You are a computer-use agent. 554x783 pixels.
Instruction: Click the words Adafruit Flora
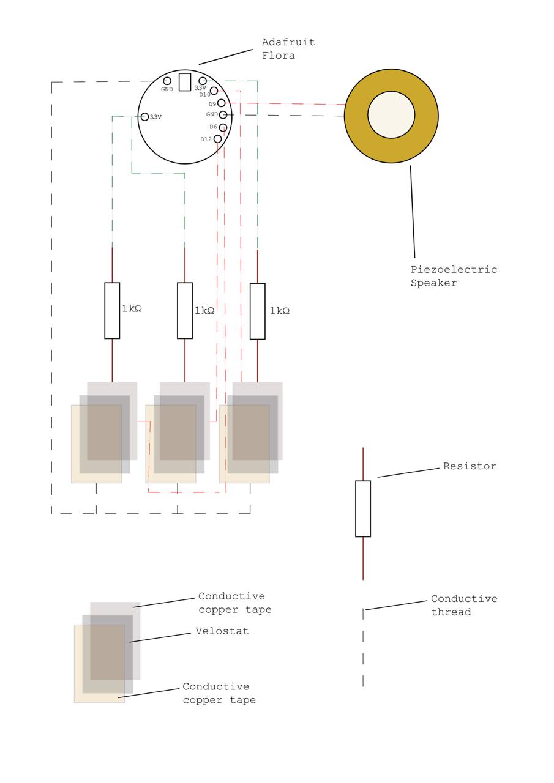point(288,49)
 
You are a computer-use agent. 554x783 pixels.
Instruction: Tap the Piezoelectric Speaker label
point(454,276)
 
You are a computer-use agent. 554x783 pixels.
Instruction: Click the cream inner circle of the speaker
point(391,115)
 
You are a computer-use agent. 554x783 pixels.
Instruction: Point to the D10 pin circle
point(214,91)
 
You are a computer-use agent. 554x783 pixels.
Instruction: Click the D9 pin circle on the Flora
point(222,103)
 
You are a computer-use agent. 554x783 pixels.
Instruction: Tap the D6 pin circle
point(223,127)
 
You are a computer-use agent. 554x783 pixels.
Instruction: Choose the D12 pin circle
point(217,139)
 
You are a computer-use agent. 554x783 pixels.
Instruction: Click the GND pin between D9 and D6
point(223,114)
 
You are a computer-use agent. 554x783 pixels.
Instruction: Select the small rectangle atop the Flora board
point(185,82)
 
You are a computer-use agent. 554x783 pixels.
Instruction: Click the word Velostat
point(222,631)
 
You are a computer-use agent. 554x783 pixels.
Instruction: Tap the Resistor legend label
point(470,466)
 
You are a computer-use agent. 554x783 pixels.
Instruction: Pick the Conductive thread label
point(464,605)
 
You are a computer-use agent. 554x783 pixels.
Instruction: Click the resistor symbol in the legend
point(363,509)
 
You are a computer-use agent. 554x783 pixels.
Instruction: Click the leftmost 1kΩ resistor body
point(112,310)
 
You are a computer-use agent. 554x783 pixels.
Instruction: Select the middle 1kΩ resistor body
point(185,310)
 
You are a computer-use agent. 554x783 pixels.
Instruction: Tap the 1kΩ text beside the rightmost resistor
point(280,311)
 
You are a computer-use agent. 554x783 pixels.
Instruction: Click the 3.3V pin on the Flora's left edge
point(144,117)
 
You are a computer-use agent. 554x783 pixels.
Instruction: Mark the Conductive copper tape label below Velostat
point(219,693)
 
